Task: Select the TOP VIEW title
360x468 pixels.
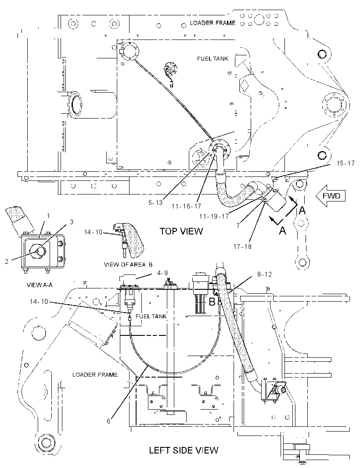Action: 181,231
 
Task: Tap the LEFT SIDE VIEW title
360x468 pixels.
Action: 184,450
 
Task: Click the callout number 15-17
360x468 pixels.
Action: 346,163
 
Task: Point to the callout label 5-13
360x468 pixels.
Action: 155,203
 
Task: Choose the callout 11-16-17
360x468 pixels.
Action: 186,206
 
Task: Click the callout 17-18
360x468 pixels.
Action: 242,246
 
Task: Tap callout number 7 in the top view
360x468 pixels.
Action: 238,225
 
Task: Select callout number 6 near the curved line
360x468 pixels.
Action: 108,421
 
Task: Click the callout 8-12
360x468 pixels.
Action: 264,274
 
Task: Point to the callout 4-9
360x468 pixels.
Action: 162,273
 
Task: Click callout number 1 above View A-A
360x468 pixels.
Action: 48,216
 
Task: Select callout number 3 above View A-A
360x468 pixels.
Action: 72,222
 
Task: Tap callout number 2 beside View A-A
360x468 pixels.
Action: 7,262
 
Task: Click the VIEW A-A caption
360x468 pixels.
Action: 40,285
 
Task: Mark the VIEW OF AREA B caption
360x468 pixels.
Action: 128,264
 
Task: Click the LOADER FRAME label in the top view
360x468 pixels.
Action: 212,23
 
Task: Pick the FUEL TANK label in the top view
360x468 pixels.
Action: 212,58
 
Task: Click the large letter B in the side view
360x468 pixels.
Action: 212,302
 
